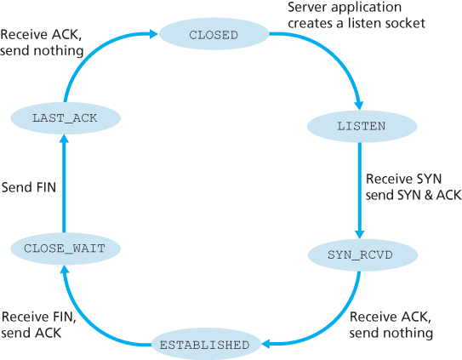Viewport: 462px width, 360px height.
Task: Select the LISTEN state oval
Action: [x=361, y=125]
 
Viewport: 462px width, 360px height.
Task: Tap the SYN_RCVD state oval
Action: [x=360, y=254]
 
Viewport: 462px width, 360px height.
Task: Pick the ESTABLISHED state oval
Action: [x=205, y=345]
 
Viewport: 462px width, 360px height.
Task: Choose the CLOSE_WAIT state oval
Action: [x=65, y=249]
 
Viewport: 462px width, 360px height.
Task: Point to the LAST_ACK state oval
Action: [x=65, y=117]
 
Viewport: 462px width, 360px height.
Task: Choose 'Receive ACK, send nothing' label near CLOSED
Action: [x=41, y=43]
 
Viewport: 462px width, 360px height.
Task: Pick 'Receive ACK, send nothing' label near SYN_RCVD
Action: [x=391, y=323]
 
